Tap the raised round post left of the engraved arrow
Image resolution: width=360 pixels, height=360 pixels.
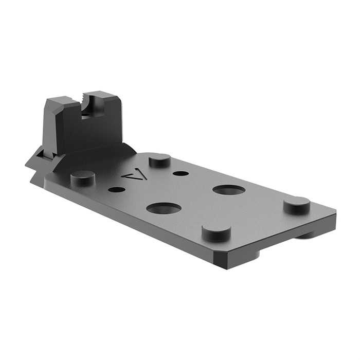(83, 177)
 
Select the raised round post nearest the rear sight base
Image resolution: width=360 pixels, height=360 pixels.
(159, 160)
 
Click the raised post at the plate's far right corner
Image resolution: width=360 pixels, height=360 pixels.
(297, 205)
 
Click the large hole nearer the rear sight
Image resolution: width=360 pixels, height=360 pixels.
(164, 208)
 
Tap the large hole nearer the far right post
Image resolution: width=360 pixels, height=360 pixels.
(229, 190)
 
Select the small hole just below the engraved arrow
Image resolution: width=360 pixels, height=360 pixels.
(117, 189)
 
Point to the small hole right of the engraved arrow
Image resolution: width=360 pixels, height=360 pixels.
(180, 173)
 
